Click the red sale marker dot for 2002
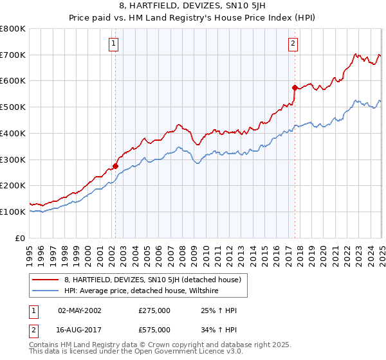coord(116,166)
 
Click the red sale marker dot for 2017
coord(295,87)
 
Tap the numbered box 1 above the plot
coord(113,44)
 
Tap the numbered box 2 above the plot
coord(293,44)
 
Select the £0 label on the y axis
coord(20,238)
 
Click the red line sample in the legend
coord(45,280)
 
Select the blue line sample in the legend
coord(45,291)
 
